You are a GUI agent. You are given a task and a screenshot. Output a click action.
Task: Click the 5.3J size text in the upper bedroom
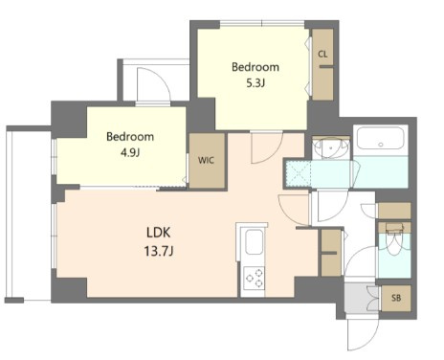pos(255,84)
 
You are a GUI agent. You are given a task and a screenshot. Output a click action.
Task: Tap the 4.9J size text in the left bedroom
pos(129,151)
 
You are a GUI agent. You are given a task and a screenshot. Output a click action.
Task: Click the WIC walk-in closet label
pos(206,161)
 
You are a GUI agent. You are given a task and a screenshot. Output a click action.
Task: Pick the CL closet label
pos(323,55)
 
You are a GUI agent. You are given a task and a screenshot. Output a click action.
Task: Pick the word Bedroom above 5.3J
pos(255,67)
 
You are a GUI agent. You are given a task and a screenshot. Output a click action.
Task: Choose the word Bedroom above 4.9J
pos(129,136)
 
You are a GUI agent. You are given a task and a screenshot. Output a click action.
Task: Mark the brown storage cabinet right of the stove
pos(329,261)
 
